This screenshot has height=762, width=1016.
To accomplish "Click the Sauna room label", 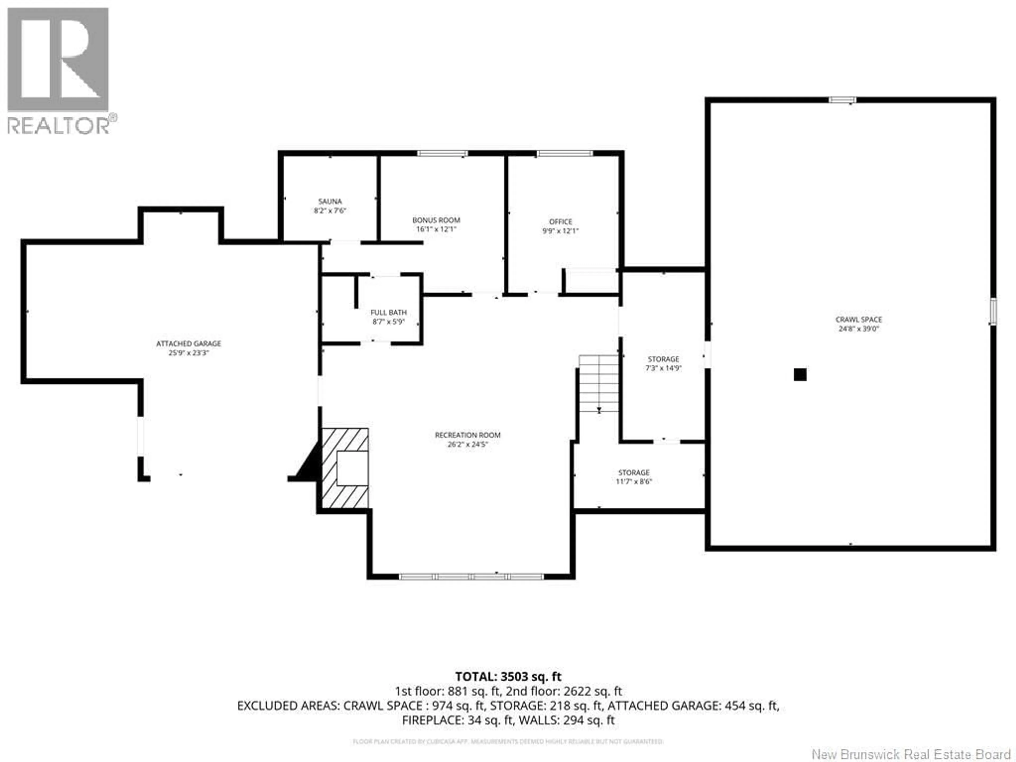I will click(x=330, y=201).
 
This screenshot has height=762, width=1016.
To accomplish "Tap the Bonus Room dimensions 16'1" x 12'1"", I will click(x=436, y=229).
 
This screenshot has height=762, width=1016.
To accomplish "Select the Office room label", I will click(x=560, y=221).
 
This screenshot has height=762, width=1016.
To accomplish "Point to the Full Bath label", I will click(x=389, y=312).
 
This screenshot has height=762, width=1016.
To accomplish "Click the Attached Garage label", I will click(x=188, y=344).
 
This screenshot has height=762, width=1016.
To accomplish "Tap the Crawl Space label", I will click(x=859, y=319).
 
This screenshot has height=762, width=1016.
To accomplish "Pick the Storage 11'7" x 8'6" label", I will click(x=634, y=477).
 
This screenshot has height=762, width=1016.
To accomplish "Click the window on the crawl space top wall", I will click(x=842, y=100).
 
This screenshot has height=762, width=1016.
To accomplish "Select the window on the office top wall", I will click(x=565, y=153).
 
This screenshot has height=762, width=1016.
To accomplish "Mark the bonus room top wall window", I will click(x=442, y=153).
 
